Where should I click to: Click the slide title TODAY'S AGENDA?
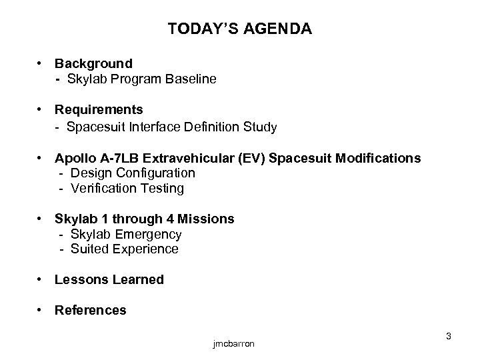[x=240, y=29]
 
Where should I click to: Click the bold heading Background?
[x=93, y=63]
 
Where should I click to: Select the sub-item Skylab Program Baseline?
[x=141, y=79]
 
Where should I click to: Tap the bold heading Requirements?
[x=99, y=109]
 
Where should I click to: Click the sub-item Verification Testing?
[x=126, y=189]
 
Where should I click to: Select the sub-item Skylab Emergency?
[x=125, y=234]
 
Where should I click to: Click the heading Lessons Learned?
[x=109, y=279]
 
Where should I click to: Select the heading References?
[x=90, y=310]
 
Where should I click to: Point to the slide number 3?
[x=449, y=337]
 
